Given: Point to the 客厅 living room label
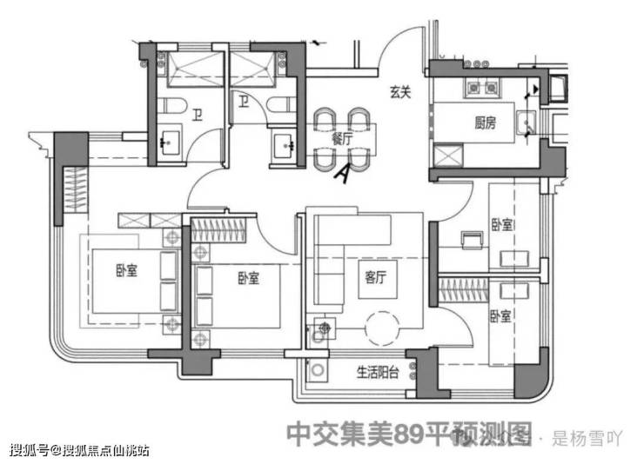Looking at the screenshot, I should tap(376, 279).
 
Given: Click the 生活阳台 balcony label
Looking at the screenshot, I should tap(377, 374).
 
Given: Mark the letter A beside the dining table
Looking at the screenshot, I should tap(343, 173).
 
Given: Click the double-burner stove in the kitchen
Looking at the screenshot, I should tap(482, 87).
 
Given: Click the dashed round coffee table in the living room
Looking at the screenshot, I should tap(381, 328).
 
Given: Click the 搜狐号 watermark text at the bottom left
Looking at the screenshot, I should tap(28, 450).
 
